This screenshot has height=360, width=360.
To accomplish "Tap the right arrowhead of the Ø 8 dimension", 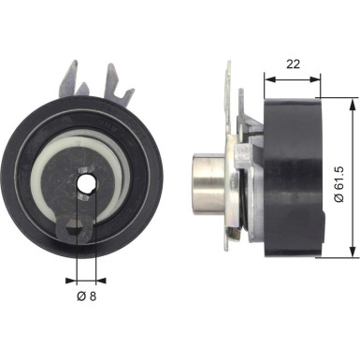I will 96,278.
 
